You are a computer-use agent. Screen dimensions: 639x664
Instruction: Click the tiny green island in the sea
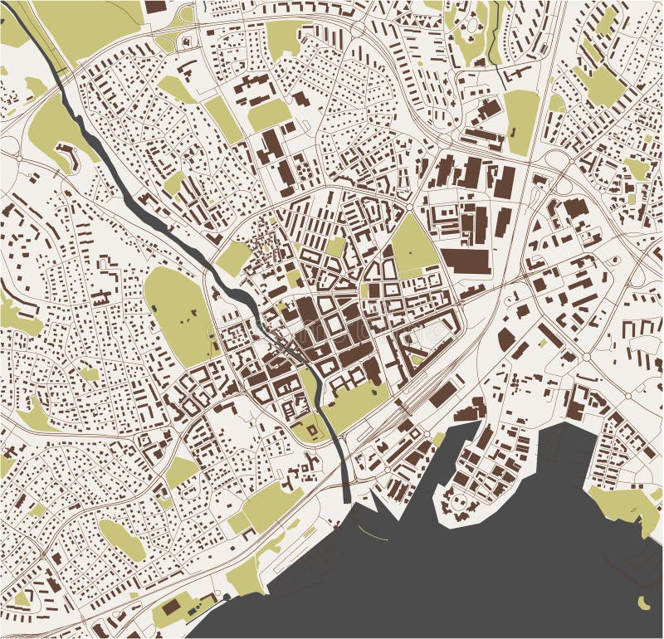coord(643,601)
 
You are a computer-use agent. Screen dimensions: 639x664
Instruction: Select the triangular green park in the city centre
coord(413,242)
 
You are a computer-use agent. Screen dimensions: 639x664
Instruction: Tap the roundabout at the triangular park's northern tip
coord(410,207)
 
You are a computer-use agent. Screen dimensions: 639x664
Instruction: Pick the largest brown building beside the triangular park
coord(465,261)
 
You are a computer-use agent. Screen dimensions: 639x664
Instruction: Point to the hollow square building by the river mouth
coord(309,430)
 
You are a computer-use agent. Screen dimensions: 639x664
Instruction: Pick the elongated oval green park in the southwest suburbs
coord(123,539)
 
